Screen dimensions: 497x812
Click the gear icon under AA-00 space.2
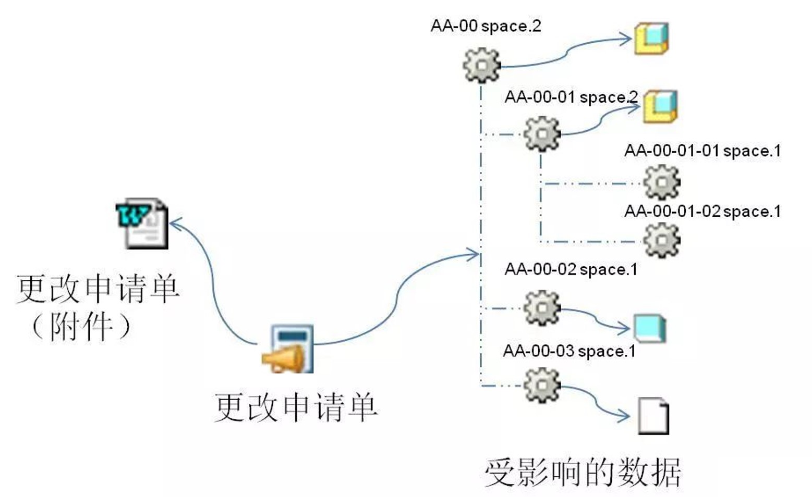point(481,65)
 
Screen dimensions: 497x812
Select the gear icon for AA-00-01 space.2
point(542,134)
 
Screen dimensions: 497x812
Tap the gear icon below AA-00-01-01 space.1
point(661,182)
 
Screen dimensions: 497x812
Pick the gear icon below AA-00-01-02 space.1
point(661,240)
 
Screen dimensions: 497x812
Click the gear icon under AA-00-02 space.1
point(542,308)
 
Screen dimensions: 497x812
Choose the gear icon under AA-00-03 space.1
point(542,385)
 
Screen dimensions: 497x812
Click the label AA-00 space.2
point(486,26)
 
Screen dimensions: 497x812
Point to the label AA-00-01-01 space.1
point(702,151)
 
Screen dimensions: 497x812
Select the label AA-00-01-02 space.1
point(702,212)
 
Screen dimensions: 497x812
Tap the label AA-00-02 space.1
point(571,269)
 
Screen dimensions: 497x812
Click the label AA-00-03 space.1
point(569,351)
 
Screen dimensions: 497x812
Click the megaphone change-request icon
point(288,349)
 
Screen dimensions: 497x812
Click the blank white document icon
point(653,416)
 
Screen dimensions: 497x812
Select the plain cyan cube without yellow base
point(650,328)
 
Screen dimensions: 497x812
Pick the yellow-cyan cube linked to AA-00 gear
point(651,39)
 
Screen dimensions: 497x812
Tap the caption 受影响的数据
point(583,472)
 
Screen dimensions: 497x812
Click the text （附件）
point(81,327)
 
